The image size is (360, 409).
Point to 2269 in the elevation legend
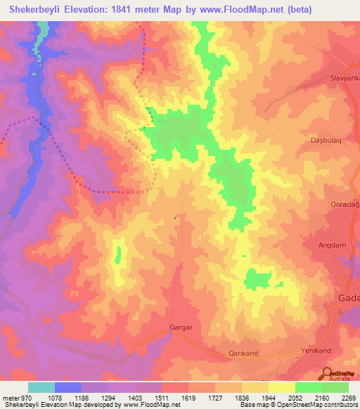349,398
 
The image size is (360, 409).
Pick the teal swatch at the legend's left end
41,387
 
